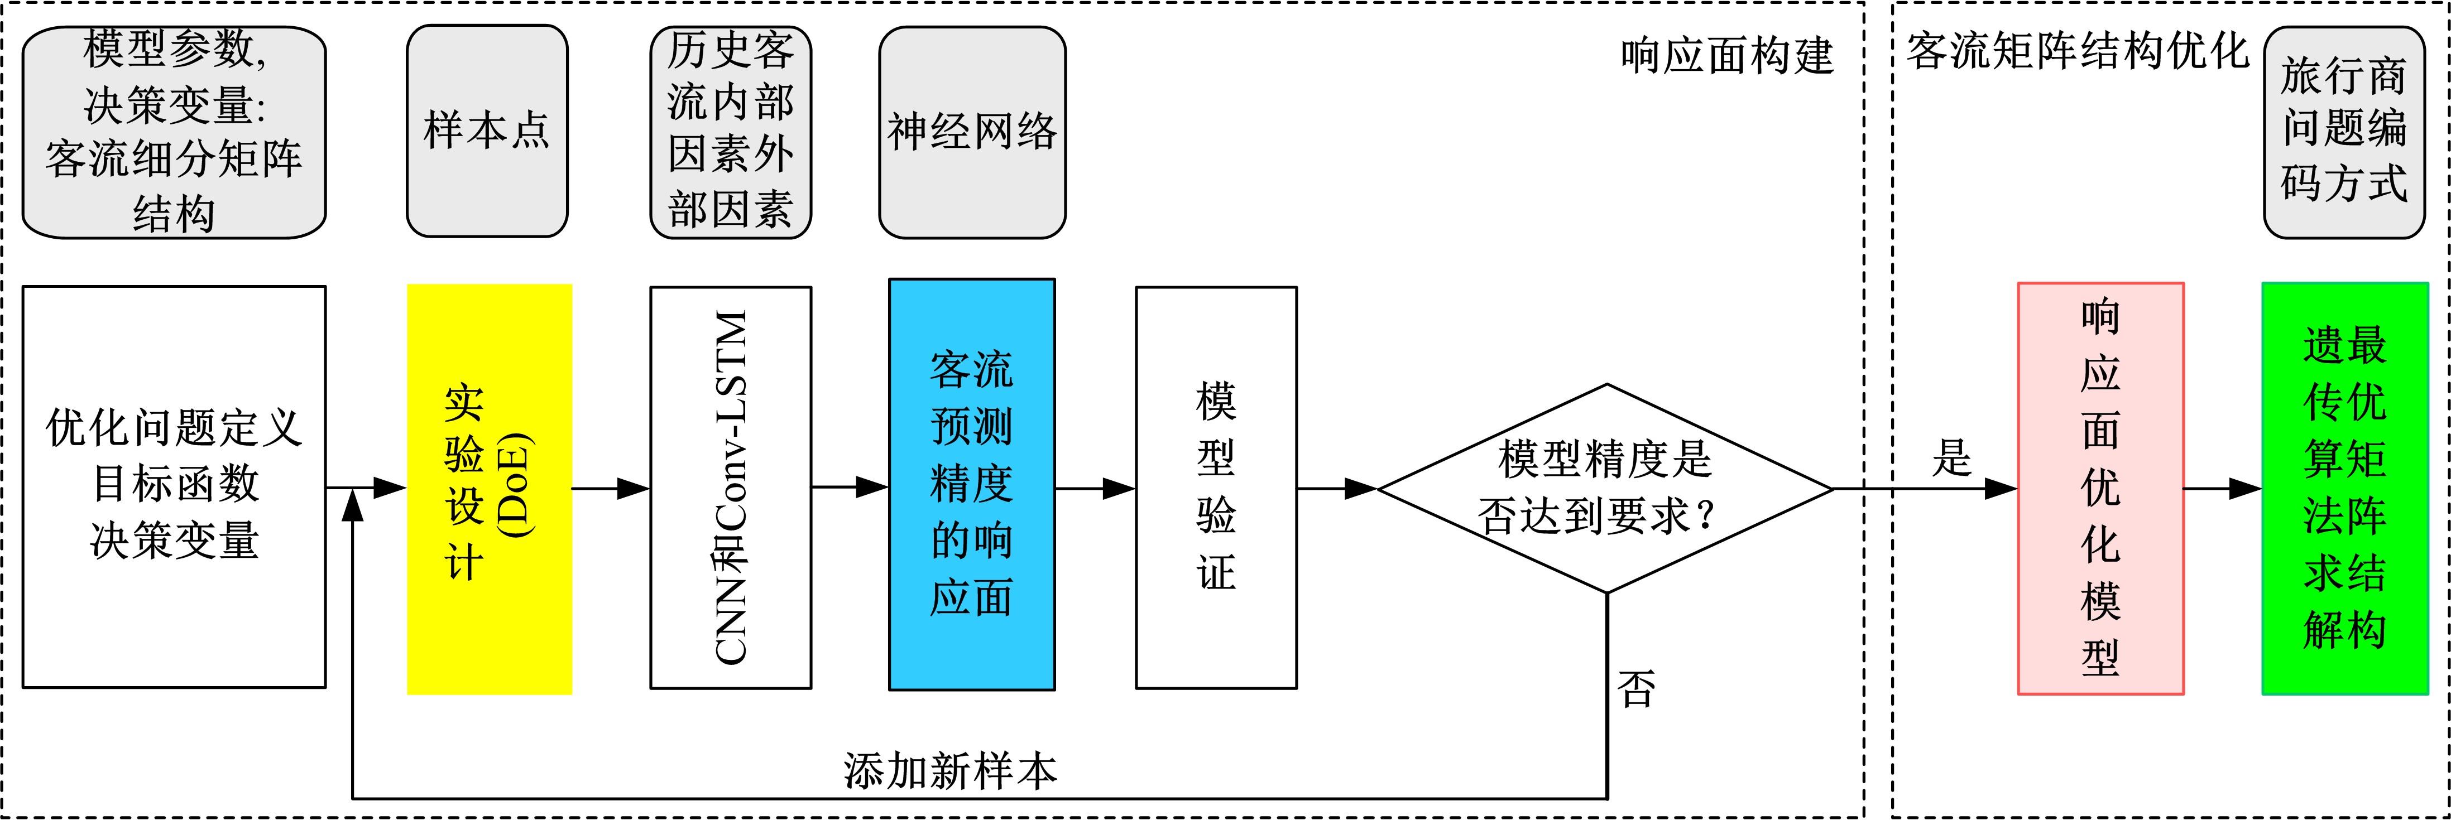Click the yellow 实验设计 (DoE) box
[489, 489]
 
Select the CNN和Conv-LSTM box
[731, 487]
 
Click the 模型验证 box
[1216, 487]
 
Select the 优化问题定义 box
[174, 486]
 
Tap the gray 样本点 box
[487, 131]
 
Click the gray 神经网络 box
[971, 131]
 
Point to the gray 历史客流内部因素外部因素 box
[731, 131]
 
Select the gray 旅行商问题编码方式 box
[2343, 131]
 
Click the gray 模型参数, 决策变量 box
[174, 131]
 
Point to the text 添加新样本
[949, 770]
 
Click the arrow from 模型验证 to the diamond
[1337, 489]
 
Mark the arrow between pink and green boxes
[2222, 489]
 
